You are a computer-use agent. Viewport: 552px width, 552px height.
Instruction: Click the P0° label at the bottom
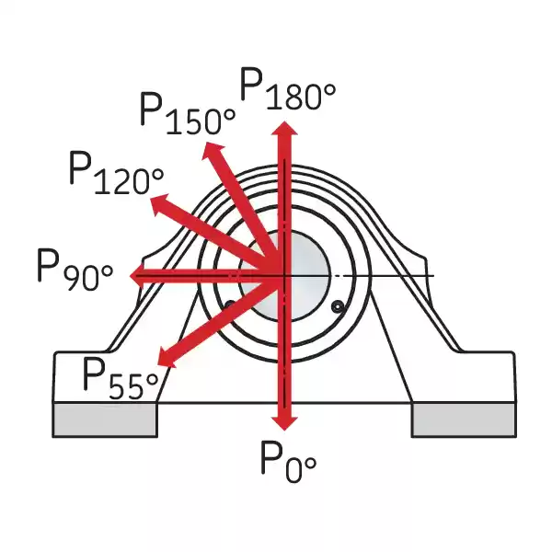tap(287, 457)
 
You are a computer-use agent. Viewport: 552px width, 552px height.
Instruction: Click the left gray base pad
tap(105, 420)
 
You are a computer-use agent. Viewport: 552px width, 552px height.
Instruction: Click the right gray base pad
tap(460, 420)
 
